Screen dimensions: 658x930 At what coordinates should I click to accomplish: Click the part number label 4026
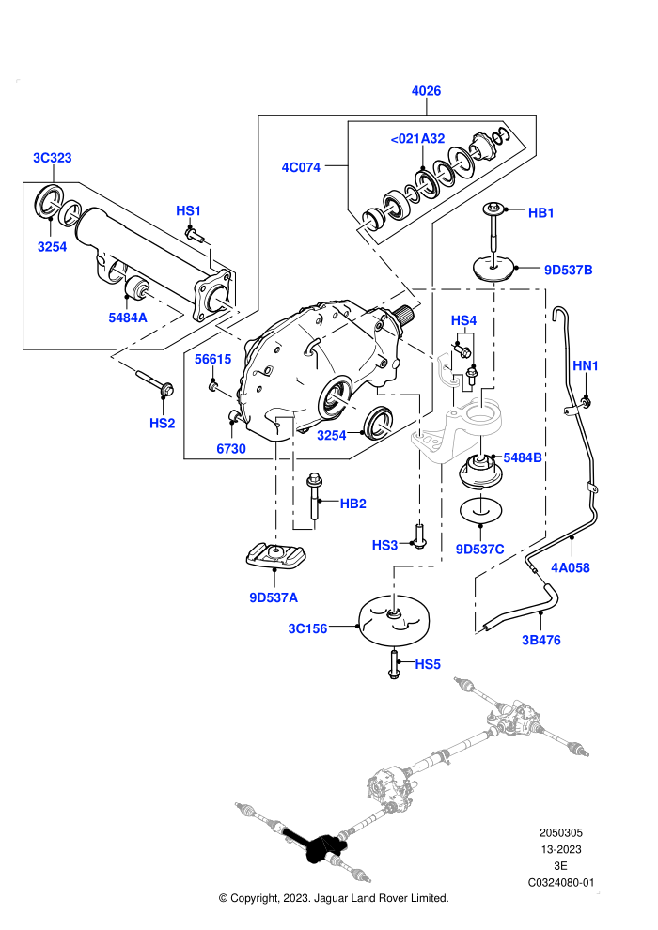pos(426,91)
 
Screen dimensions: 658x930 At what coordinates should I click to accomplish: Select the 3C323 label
pos(53,158)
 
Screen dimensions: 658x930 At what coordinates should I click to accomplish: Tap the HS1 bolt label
pos(189,211)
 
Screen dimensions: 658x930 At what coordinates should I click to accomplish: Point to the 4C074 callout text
pos(301,167)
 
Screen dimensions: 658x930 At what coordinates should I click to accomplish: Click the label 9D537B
pos(569,270)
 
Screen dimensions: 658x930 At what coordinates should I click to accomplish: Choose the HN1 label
pos(585,366)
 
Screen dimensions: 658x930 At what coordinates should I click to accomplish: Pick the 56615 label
pos(213,359)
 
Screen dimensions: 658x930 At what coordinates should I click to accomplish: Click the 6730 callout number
pos(231,449)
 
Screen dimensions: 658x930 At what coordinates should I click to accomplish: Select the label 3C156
pos(307,628)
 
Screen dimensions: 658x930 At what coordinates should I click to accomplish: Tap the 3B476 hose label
pos(541,640)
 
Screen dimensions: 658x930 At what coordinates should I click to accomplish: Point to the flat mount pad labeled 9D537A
pos(276,555)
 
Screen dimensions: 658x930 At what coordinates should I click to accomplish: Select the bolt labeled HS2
pos(154,381)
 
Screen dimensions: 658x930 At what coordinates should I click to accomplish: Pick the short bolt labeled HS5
pos(394,664)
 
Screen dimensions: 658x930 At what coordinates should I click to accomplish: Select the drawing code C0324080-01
pos(560,882)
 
